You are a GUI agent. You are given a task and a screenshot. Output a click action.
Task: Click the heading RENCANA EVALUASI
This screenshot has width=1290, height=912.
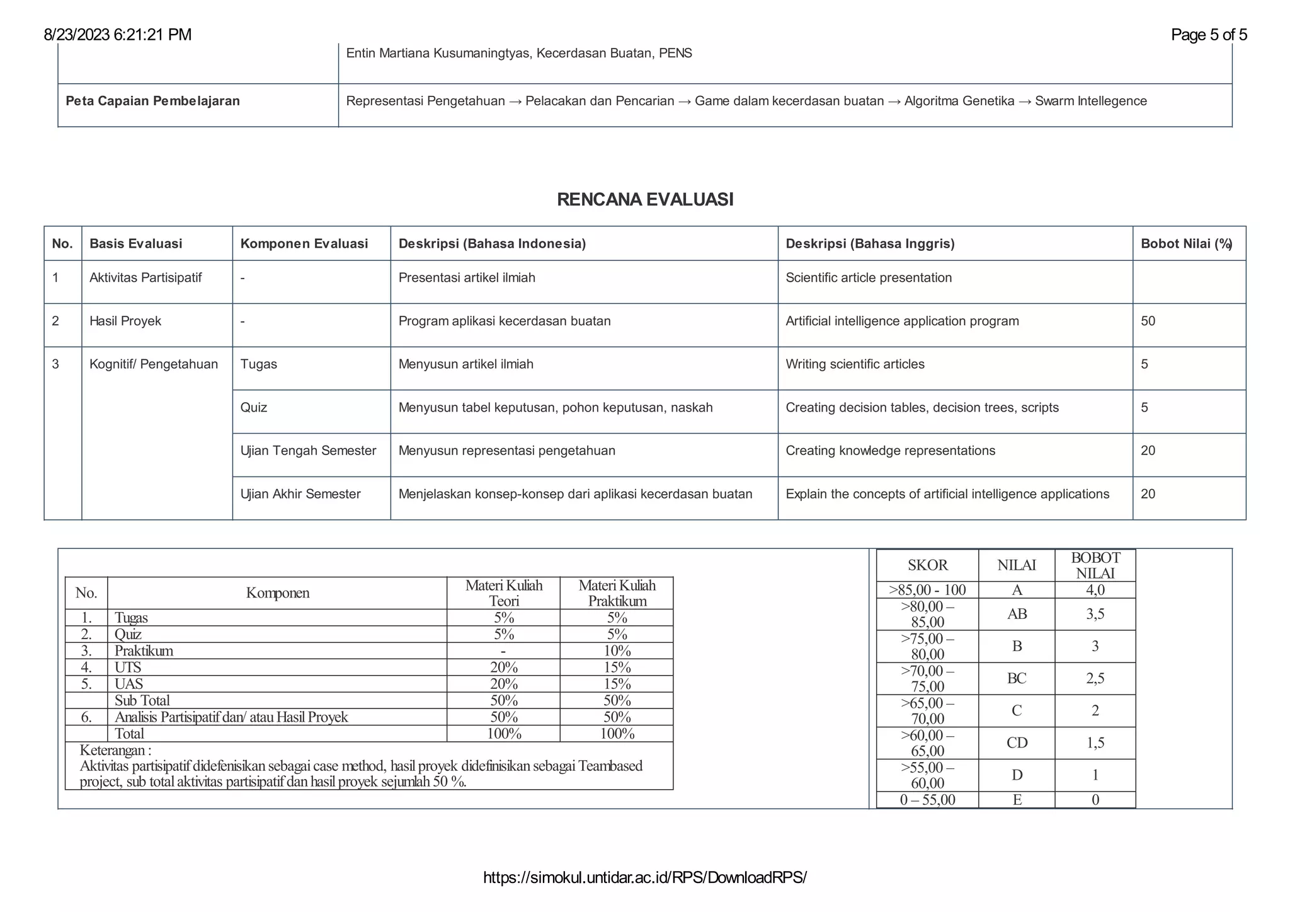(x=645, y=200)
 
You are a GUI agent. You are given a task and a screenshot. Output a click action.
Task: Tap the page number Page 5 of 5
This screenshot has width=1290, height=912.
(x=1208, y=35)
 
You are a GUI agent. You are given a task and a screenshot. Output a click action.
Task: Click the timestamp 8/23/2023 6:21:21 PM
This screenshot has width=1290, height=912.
(x=118, y=35)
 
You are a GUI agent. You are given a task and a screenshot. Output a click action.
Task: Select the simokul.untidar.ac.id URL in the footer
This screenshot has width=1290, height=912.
(x=644, y=877)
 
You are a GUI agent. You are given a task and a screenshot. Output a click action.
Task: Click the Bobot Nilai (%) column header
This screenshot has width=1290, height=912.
(x=1186, y=244)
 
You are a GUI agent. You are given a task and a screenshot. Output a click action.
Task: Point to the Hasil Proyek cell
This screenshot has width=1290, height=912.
(x=125, y=321)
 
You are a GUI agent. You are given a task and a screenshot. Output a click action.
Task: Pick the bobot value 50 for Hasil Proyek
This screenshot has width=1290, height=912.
(x=1148, y=321)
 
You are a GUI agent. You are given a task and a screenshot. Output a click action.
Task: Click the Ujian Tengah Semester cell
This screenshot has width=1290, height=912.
(x=308, y=451)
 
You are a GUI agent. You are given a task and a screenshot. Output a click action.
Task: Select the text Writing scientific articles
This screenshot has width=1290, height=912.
(x=855, y=364)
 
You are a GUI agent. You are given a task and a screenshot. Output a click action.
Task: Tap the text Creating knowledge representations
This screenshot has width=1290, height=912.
(x=890, y=451)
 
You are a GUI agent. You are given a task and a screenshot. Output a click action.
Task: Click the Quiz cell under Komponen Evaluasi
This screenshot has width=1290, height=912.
(x=254, y=408)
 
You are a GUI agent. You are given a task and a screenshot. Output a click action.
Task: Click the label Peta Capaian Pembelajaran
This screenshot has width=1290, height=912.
(x=152, y=101)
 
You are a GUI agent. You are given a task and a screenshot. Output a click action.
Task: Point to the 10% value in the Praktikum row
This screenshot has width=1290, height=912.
(x=617, y=651)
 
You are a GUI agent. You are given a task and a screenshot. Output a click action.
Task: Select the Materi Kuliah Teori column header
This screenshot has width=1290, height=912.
(x=503, y=593)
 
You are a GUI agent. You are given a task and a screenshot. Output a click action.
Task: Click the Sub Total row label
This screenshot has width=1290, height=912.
(x=142, y=700)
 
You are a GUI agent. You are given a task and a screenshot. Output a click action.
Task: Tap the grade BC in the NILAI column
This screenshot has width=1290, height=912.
(x=1017, y=679)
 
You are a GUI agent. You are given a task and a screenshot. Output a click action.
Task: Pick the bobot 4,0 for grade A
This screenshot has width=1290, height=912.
(x=1095, y=590)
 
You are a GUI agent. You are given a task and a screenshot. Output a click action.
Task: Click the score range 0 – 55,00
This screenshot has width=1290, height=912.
(x=927, y=800)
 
